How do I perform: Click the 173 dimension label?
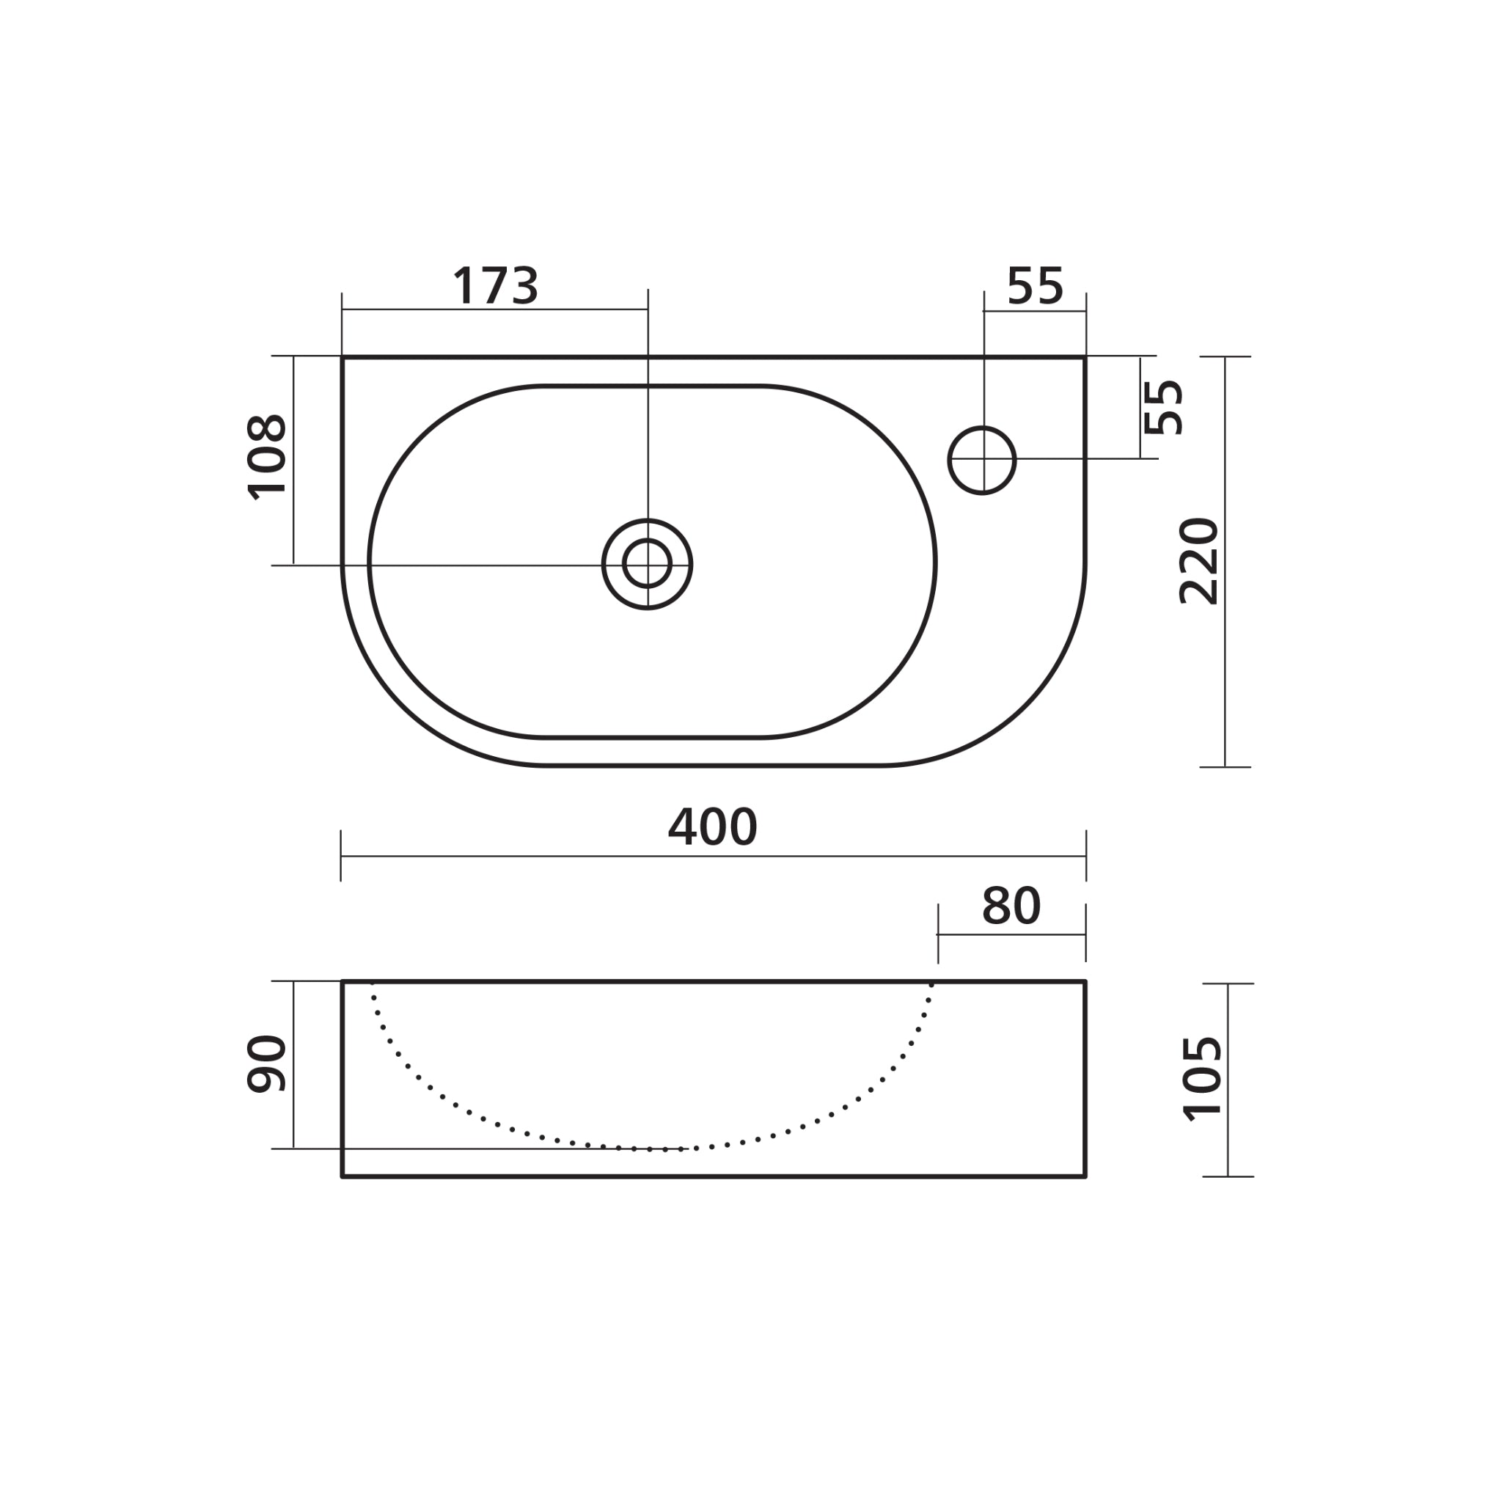[x=495, y=285]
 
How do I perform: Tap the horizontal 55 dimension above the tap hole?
[x=1035, y=286]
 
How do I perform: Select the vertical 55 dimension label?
[x=1164, y=407]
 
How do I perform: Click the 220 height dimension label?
[x=1199, y=561]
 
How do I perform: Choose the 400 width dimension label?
[x=712, y=827]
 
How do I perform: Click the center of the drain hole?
[x=648, y=565]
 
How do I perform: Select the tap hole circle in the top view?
[x=983, y=461]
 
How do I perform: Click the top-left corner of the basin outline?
[x=342, y=358]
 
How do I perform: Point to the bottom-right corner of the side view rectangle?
[x=1085, y=1177]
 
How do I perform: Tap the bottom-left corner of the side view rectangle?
[x=342, y=1177]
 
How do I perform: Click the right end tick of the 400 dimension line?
[x=1086, y=856]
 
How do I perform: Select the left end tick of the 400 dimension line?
[x=341, y=856]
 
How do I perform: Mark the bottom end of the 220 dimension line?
[x=1226, y=767]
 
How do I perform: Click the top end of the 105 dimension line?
[x=1228, y=984]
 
